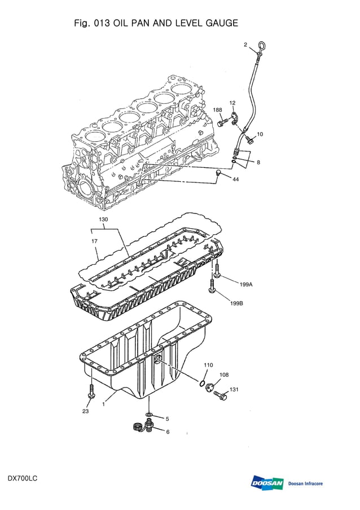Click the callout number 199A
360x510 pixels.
[245, 285]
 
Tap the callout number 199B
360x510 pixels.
[236, 303]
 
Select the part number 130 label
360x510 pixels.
[103, 219]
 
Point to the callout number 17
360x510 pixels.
[94, 241]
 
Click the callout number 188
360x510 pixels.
[217, 110]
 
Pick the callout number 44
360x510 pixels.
[235, 179]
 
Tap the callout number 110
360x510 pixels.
[208, 365]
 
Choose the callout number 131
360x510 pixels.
[234, 389]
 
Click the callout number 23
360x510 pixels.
[86, 411]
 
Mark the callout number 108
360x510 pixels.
[224, 375]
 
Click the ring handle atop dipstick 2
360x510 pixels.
[262, 45]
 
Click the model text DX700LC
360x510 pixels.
[23, 479]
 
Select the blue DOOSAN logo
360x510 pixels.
[267, 483]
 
